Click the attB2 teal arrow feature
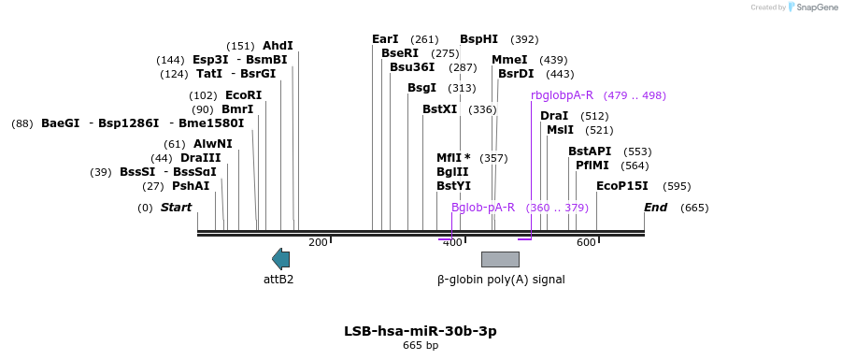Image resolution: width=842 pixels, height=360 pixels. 281,259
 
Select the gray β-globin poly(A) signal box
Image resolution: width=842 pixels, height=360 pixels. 500,259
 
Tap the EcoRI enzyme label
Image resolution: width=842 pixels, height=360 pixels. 243,95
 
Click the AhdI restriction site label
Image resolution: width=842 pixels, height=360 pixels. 278,46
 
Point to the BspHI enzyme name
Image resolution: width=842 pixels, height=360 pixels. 479,39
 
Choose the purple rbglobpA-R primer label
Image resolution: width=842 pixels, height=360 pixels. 563,95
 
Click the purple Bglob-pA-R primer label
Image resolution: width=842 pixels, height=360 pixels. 483,208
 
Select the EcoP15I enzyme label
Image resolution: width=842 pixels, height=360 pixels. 621,186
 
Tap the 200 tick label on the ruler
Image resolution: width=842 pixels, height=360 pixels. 318,243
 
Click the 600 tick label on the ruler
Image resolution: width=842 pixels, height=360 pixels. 586,243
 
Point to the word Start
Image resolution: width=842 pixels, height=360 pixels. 176,208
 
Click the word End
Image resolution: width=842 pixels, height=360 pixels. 656,208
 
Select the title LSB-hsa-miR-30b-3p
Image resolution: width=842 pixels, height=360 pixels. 421,331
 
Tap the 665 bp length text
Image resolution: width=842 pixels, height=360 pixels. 421,345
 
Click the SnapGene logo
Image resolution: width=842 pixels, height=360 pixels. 812,7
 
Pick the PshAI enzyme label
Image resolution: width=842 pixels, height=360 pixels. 191,186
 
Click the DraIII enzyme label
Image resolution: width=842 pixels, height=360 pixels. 201,159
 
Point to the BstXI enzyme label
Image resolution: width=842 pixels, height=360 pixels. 440,109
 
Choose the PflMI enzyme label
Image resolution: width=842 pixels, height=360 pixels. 593,166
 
